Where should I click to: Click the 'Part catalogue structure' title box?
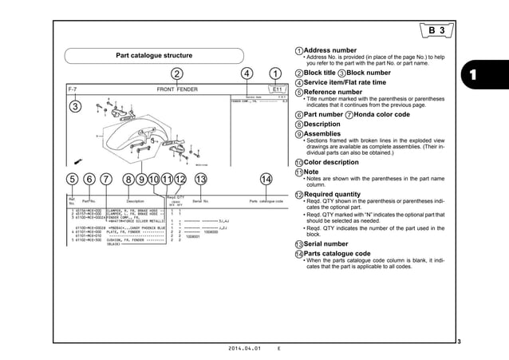point(153,56)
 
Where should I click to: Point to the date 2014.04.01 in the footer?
point(245,350)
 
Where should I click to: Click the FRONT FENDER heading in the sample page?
point(176,90)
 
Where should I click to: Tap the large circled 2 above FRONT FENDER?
point(176,74)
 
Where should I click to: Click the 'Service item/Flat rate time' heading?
point(345,81)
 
